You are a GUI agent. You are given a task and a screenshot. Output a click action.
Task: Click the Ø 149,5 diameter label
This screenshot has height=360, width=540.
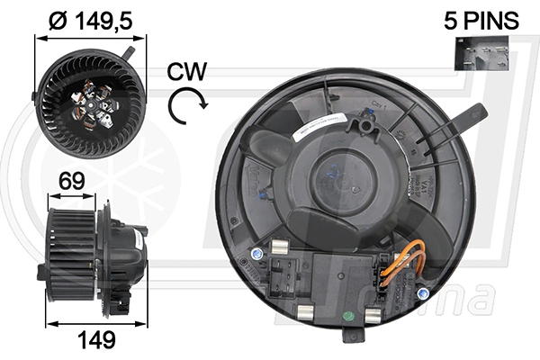89,19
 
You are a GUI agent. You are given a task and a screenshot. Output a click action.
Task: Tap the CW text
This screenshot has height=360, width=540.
187,72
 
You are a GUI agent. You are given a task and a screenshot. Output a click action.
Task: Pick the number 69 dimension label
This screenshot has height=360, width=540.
72,181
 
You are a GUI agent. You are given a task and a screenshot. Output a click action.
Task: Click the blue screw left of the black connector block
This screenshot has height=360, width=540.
259,256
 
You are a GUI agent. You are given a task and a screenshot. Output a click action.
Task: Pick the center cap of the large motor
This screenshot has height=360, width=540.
347,180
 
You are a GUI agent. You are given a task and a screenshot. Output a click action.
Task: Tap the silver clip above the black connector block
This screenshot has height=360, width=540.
278,242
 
